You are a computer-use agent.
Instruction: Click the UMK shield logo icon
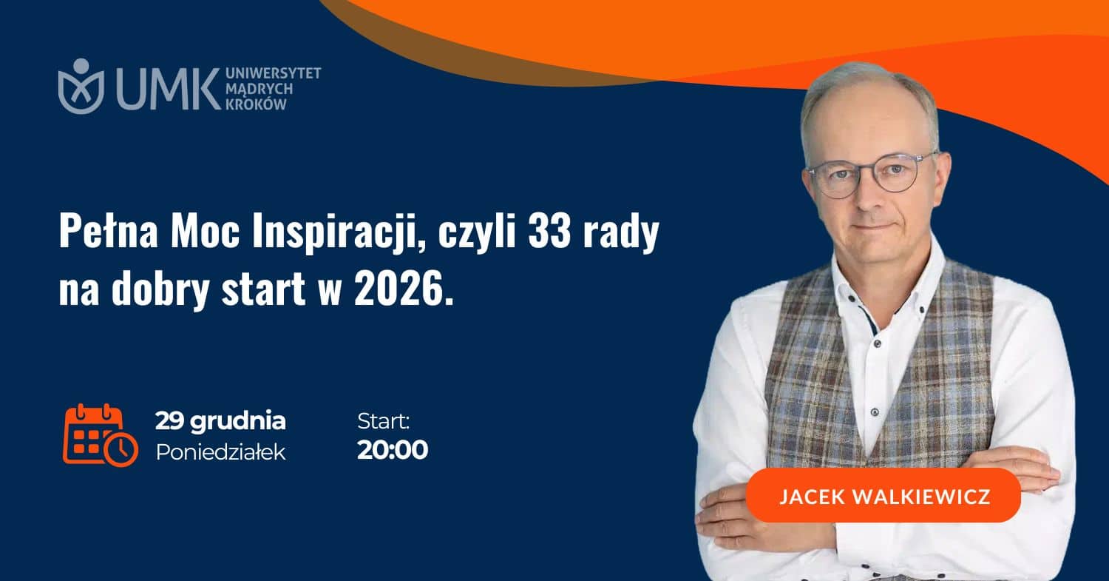[x=81, y=87]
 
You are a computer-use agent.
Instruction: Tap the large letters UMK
[x=169, y=89]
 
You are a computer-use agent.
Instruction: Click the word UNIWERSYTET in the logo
[x=274, y=73]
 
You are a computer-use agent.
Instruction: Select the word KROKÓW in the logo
[x=256, y=104]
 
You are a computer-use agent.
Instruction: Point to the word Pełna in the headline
[x=109, y=232]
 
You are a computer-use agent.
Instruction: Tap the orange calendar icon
[x=101, y=435]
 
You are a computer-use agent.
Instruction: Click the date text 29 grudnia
[x=220, y=421]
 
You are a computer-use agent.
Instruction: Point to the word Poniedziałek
[x=221, y=452]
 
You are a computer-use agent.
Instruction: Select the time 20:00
[x=393, y=450]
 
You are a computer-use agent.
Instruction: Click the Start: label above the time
[x=383, y=421]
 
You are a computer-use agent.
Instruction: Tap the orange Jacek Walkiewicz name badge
[x=884, y=495]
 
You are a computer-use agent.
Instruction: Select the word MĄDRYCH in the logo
[x=259, y=90]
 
